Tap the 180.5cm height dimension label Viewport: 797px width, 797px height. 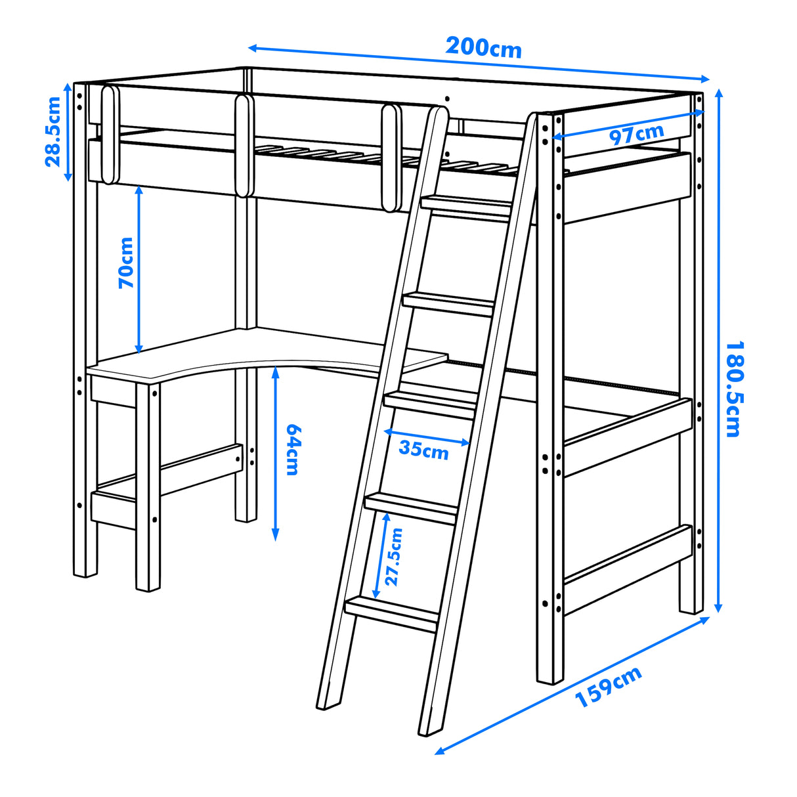733,389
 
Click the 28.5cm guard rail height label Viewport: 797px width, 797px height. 53,131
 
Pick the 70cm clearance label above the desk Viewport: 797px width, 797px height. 126,263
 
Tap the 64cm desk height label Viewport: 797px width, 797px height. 293,450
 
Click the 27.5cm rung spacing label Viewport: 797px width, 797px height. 394,557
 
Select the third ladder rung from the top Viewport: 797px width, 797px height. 431,400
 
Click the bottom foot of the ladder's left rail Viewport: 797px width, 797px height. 328,702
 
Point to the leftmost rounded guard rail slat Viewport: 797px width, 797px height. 110,135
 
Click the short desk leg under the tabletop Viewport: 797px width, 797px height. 148,486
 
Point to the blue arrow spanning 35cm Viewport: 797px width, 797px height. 427,437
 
